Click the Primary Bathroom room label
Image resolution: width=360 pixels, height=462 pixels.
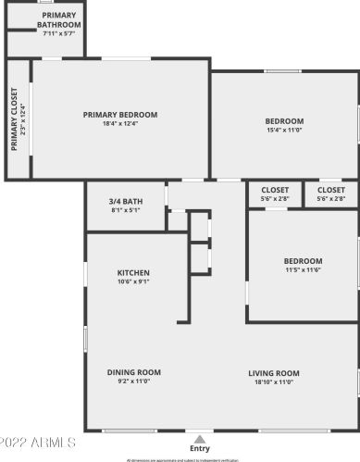45,20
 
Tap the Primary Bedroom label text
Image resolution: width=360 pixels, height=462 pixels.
120,115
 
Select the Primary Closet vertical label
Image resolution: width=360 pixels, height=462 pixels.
15,118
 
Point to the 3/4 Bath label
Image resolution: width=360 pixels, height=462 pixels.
125,201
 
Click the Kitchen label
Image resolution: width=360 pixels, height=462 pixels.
133,273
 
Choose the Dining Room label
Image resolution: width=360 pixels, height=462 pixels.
133,372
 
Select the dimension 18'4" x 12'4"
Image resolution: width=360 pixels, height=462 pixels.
120,124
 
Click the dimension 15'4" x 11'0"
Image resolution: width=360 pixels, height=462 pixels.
284,131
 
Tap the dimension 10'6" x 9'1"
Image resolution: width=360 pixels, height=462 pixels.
133,282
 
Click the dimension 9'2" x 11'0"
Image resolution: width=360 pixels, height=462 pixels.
133,381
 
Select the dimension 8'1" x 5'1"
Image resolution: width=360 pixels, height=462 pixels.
125,210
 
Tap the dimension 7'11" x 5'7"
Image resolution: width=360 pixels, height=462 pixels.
45,33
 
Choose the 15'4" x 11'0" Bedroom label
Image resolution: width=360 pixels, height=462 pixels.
284,121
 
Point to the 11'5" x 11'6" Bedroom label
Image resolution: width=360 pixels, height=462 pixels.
303,260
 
